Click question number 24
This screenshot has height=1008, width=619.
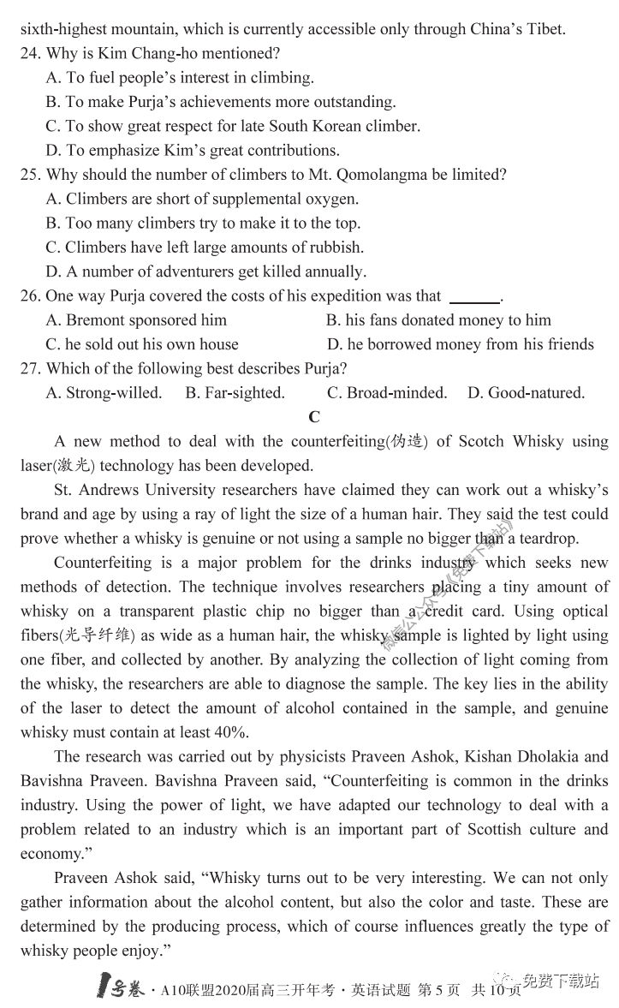[30, 53]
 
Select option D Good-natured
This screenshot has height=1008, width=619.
[526, 393]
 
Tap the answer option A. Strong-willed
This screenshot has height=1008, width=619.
[104, 393]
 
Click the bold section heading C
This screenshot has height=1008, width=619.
[313, 417]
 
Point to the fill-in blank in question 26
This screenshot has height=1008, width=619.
[474, 297]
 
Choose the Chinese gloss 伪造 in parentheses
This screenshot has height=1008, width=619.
[407, 442]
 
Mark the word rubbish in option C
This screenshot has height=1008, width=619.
[335, 248]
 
